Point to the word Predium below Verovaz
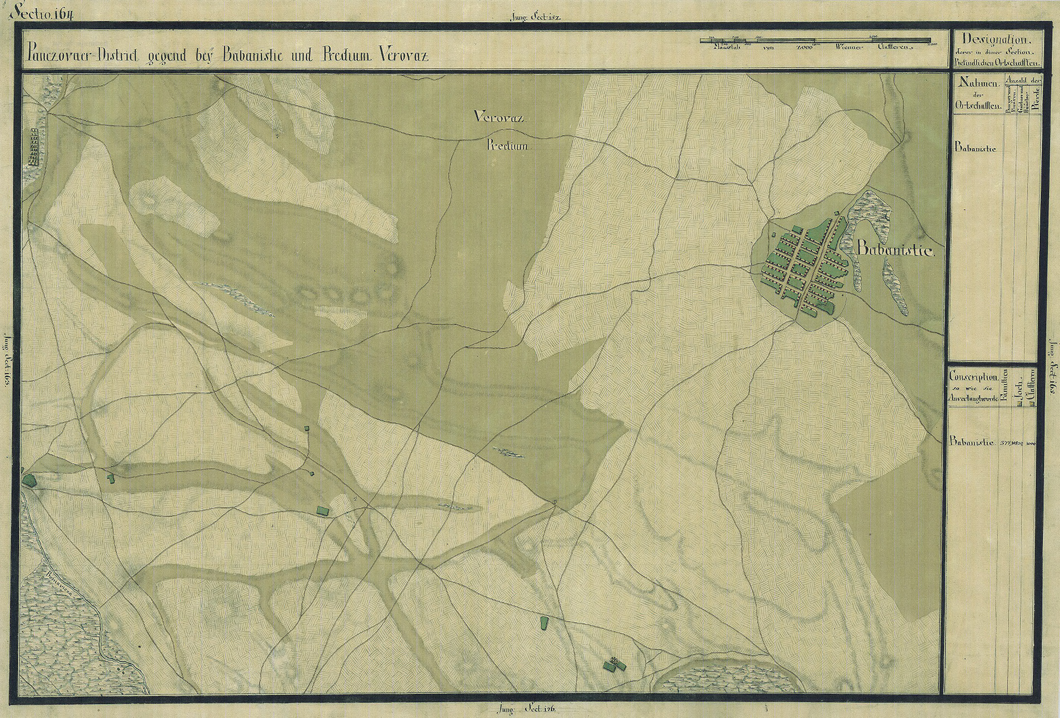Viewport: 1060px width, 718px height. pyautogui.click(x=510, y=147)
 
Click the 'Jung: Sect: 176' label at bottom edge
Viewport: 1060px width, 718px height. pyautogui.click(x=529, y=710)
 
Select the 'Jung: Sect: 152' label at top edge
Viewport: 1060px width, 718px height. pyautogui.click(x=534, y=17)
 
